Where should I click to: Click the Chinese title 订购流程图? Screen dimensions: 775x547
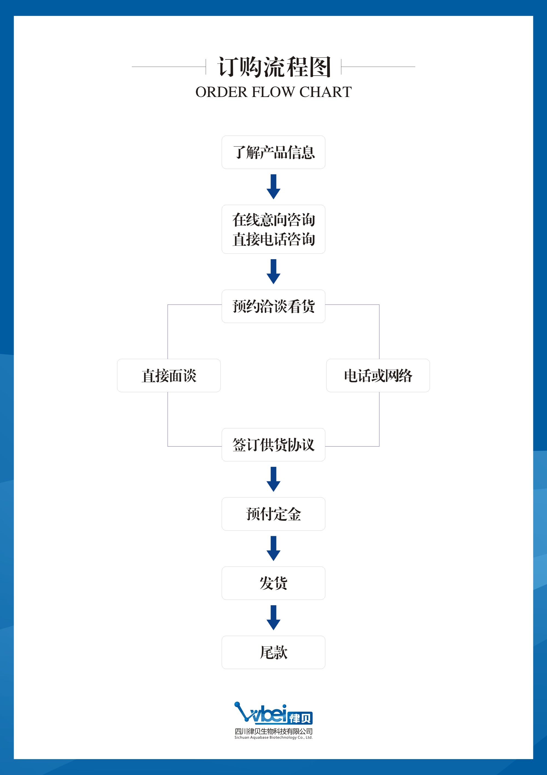[x=274, y=67]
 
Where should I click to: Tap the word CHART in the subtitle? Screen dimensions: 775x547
[x=325, y=92]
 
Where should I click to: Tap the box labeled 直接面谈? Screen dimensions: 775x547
[x=169, y=375]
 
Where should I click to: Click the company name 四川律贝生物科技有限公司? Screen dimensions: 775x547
[x=274, y=731]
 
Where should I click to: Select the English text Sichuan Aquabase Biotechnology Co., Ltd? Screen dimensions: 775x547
[x=274, y=737]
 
